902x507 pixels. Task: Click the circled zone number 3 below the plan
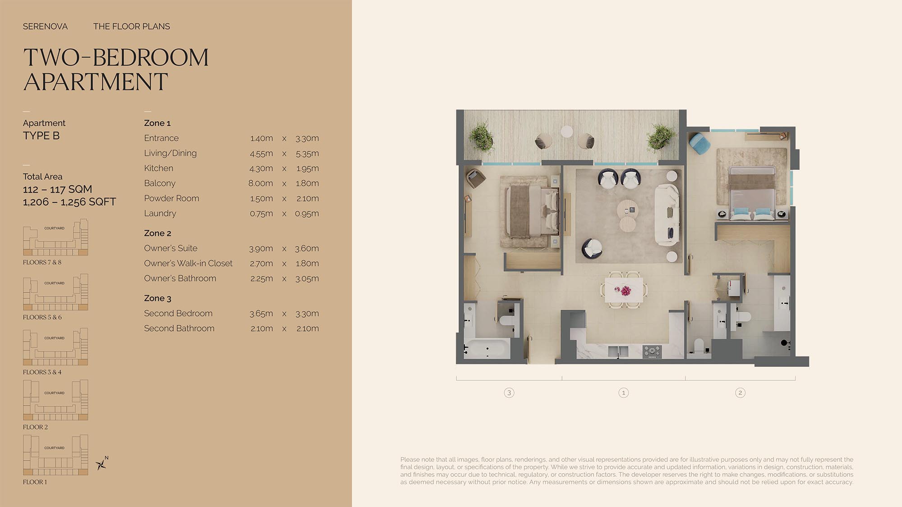coord(509,393)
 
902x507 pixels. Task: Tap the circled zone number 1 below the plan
coord(624,393)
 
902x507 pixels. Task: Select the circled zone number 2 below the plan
coord(740,393)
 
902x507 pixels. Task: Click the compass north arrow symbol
coord(102,463)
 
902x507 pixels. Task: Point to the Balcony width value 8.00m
coord(261,183)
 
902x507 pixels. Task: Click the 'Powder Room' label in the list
coord(171,198)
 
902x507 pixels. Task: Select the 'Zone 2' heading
coord(157,233)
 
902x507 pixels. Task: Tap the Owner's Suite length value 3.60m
coord(307,248)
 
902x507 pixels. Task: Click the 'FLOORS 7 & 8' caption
coord(42,262)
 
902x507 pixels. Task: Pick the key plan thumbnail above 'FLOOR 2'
coord(55,400)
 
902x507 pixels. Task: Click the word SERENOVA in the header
coord(45,27)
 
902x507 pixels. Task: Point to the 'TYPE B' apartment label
coord(41,136)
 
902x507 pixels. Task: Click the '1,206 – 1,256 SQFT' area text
coord(69,202)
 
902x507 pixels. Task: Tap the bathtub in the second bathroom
coord(487,349)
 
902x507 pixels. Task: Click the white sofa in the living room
coord(667,215)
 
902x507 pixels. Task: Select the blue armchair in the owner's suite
coord(700,143)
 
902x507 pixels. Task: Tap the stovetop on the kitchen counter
coord(652,351)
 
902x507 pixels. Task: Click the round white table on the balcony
coord(567,132)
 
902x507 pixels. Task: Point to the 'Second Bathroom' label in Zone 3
coord(179,329)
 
